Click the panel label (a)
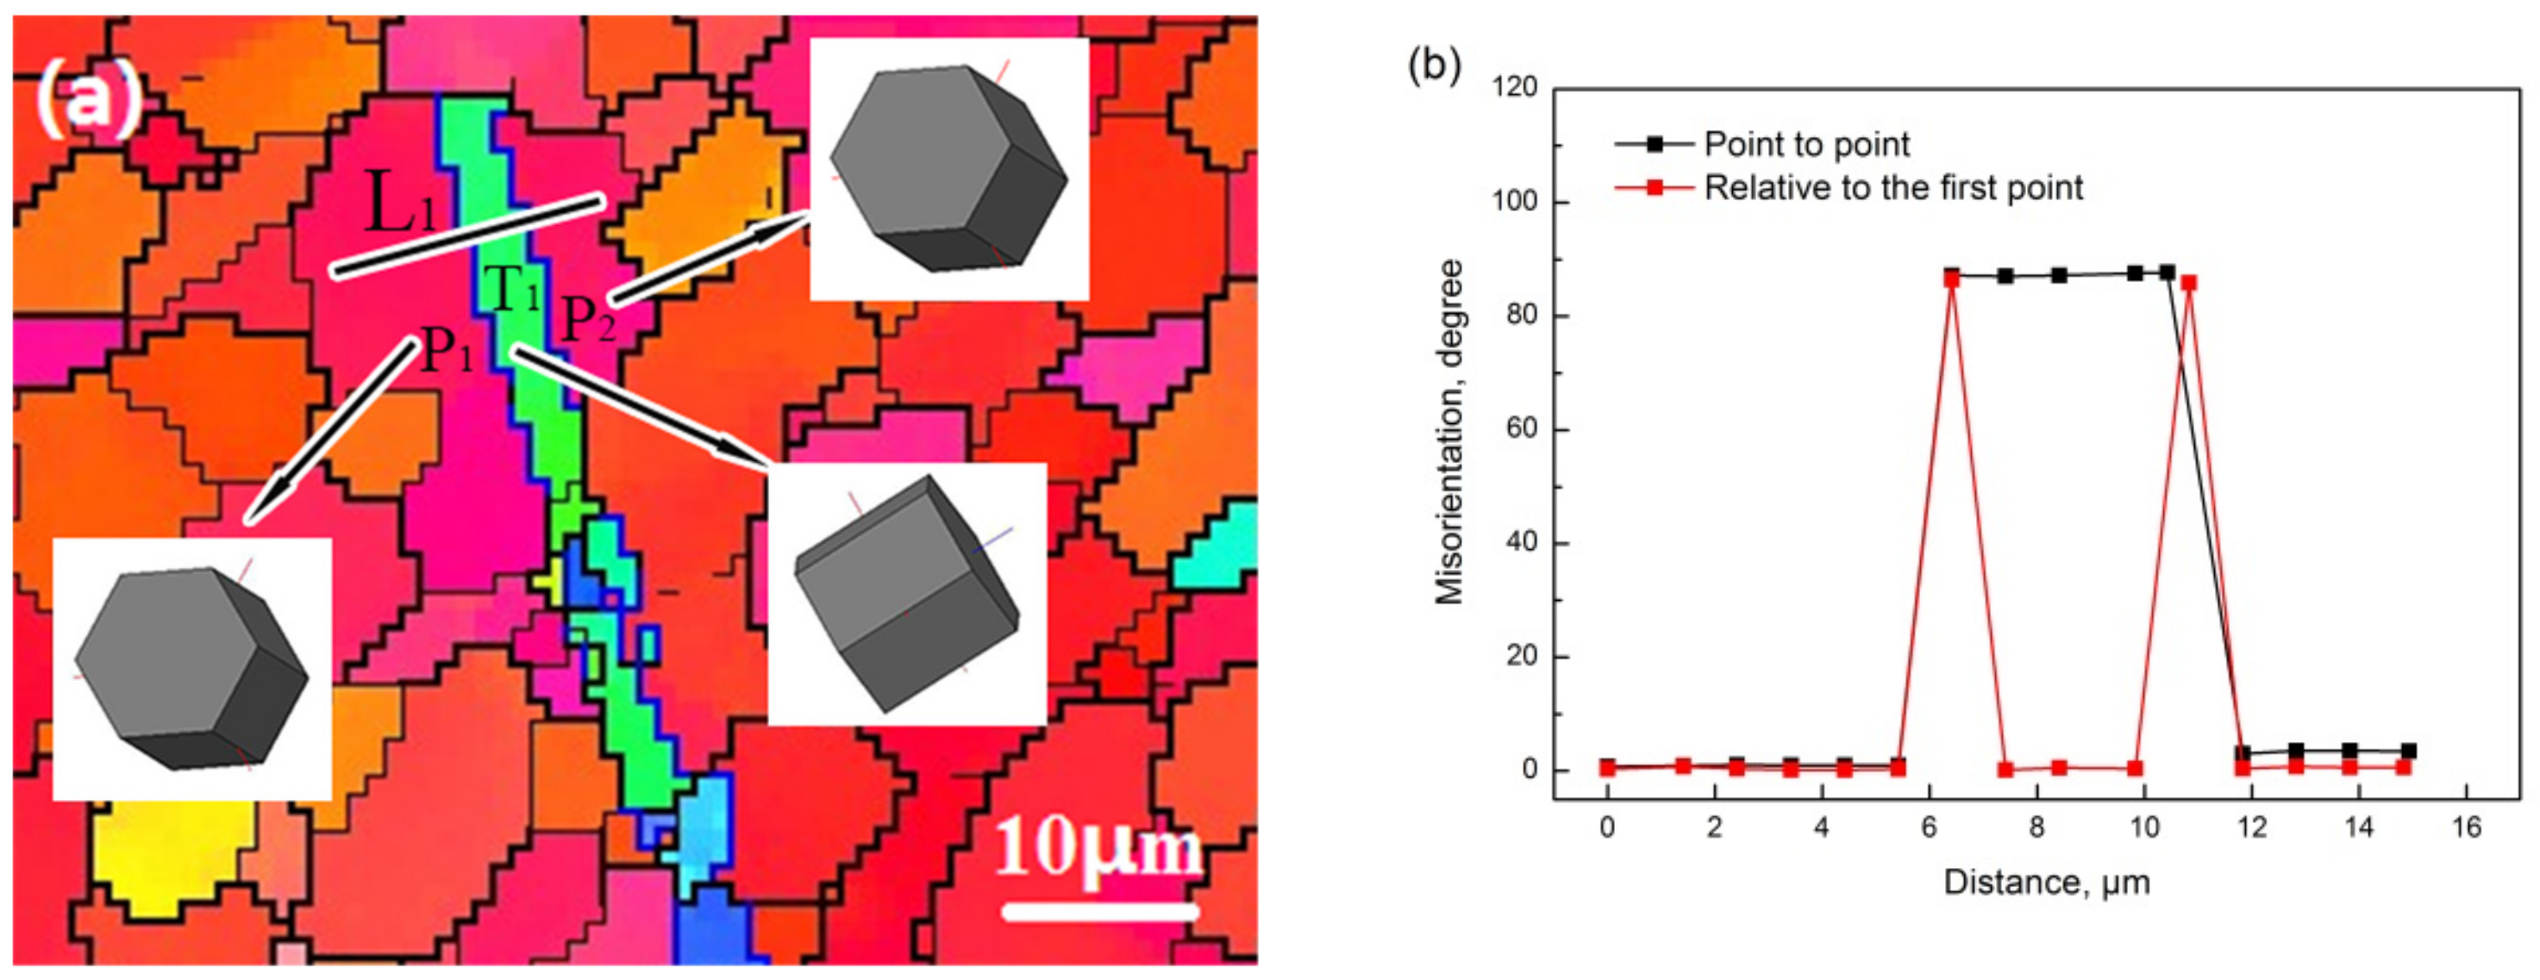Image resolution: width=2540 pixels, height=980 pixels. (x=89, y=102)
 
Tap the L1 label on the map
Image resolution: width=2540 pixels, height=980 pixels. (x=400, y=202)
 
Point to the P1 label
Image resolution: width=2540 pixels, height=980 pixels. (x=447, y=349)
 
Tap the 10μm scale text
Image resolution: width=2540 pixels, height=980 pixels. (x=1098, y=848)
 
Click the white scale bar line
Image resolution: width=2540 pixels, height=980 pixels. (x=1099, y=911)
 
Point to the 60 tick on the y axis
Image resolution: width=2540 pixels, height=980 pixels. (x=1522, y=430)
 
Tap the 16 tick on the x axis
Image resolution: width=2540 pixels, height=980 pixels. (x=2466, y=827)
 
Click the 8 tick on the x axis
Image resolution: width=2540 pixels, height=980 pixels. (x=2036, y=827)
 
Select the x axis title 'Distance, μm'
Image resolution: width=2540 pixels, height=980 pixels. (x=2046, y=882)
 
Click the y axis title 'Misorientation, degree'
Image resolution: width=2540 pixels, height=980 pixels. (x=1449, y=431)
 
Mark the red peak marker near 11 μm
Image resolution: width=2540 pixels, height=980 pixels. (x=2189, y=283)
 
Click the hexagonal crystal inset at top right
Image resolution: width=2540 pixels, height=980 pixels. (x=948, y=170)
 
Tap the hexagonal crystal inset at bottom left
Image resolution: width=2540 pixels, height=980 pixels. (x=191, y=669)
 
